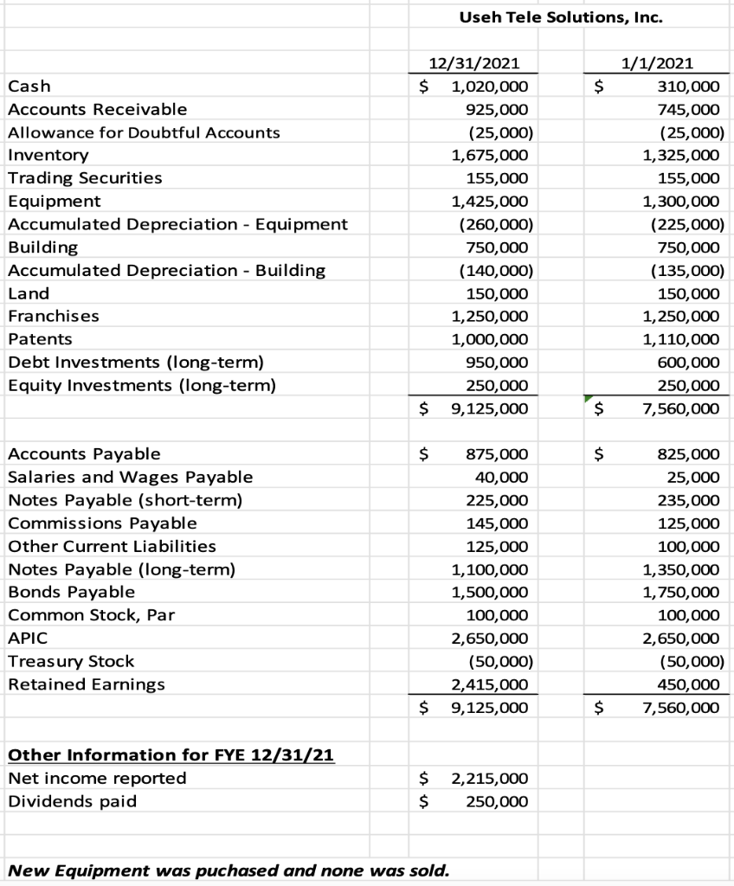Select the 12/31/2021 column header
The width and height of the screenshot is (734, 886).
(x=467, y=62)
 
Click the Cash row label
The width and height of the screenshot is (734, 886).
(x=29, y=86)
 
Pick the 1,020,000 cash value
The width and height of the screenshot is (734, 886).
(x=482, y=86)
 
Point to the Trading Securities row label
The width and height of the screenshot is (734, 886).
(x=84, y=178)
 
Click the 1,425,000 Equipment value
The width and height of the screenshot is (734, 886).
(x=488, y=201)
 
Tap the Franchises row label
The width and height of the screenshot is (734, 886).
(x=53, y=316)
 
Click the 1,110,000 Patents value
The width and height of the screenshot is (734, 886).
(x=680, y=339)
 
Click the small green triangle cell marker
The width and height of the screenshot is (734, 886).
(x=588, y=398)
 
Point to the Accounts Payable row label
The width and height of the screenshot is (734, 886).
(x=83, y=453)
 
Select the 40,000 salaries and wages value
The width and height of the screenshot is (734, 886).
(x=501, y=477)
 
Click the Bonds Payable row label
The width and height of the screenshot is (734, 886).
(x=71, y=592)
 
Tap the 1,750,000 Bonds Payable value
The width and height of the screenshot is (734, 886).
(x=680, y=592)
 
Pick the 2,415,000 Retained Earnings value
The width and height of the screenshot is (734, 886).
(x=488, y=684)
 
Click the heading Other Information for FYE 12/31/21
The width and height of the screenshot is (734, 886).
(x=171, y=754)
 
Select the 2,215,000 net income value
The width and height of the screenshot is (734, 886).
(x=488, y=778)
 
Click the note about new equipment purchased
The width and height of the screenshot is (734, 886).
(x=229, y=869)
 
